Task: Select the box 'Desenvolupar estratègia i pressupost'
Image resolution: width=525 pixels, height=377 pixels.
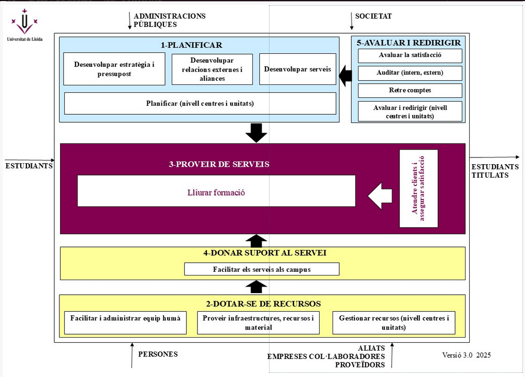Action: (x=114, y=69)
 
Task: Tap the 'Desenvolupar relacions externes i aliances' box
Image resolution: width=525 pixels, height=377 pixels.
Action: (x=212, y=69)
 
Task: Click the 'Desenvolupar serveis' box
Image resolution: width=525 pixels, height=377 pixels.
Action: (x=297, y=69)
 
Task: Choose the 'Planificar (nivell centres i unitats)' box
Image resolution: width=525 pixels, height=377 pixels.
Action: (x=200, y=103)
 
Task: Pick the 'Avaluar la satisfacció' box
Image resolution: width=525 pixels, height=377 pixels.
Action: (x=410, y=55)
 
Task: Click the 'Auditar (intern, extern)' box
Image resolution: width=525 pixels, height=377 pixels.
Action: (x=410, y=73)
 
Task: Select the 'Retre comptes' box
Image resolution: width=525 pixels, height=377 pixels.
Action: (x=410, y=91)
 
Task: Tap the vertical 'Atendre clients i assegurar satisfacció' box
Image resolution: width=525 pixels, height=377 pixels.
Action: (x=418, y=189)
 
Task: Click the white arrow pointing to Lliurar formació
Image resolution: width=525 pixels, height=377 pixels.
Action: (x=381, y=196)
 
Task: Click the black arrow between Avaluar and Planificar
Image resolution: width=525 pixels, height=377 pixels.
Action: (x=346, y=76)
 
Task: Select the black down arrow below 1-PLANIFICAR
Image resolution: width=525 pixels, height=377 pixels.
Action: (x=256, y=133)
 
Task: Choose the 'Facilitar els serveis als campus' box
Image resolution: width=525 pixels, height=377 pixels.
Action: (x=262, y=269)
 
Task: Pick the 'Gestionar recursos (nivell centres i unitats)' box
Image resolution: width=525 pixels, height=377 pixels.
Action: (x=394, y=322)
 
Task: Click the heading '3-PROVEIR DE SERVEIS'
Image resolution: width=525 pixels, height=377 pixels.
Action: (x=219, y=164)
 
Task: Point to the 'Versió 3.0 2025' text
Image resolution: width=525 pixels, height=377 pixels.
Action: (x=466, y=355)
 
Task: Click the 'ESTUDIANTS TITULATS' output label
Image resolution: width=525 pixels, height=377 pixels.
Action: (x=494, y=170)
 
